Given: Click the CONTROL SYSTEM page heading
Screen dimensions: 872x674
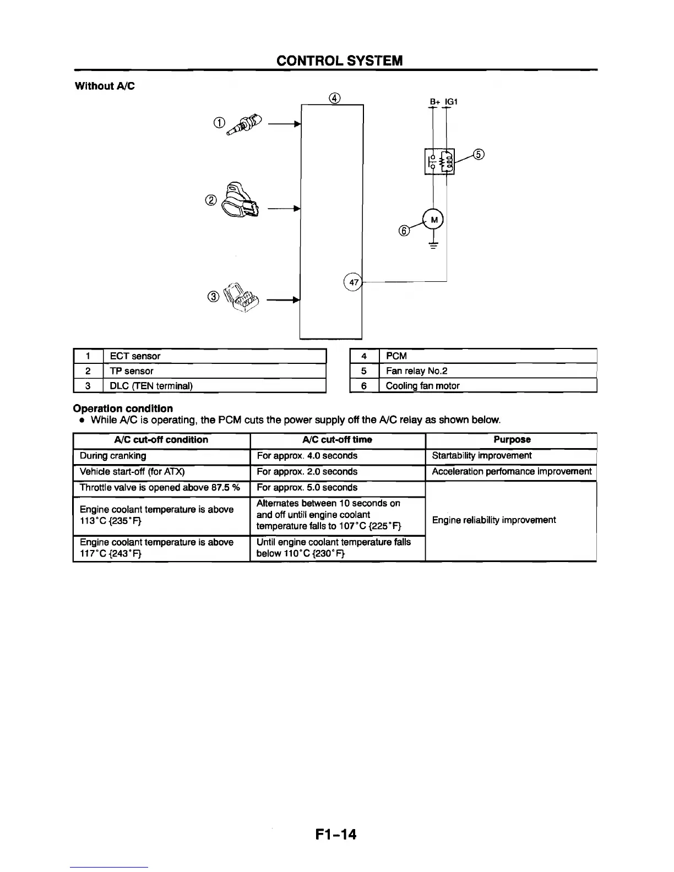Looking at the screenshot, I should tap(339, 61).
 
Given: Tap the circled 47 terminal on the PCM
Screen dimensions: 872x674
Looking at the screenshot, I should tap(354, 282).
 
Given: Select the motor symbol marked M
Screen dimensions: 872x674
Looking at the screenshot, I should tap(433, 220).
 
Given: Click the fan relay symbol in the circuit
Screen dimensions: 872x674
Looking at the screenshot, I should tap(439, 161).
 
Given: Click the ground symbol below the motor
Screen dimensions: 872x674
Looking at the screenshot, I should tap(433, 245).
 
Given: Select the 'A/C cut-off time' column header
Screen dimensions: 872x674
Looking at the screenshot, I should tap(337, 440).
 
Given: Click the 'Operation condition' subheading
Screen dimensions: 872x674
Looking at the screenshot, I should tap(123, 408).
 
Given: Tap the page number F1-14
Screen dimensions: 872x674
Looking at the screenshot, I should tap(336, 835).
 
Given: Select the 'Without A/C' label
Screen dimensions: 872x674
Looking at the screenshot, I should tap(105, 86).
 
